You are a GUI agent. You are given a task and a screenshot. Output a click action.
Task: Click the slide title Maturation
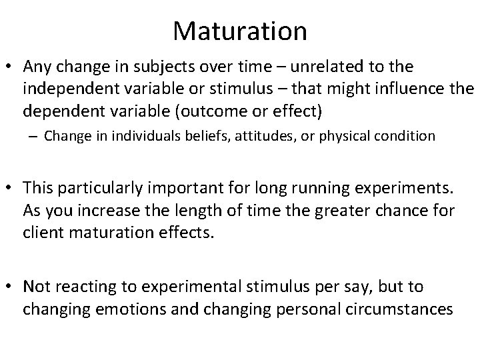tap(240, 31)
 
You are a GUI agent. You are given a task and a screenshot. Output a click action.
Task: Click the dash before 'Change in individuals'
tap(33, 136)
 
